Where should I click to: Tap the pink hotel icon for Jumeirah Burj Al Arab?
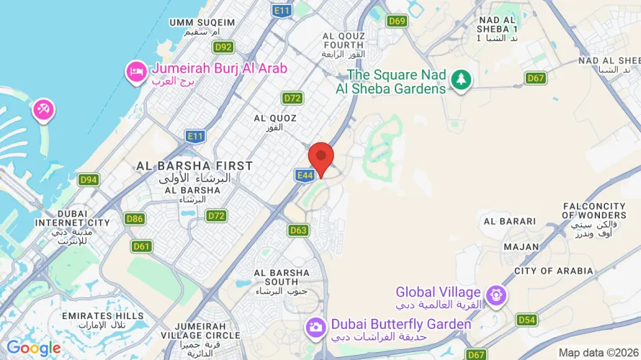(x=135, y=72)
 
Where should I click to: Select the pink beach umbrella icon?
(x=42, y=111)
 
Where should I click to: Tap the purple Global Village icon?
(x=496, y=294)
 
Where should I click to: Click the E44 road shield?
(x=303, y=175)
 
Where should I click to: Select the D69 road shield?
(x=397, y=21)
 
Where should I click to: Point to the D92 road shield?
(x=224, y=47)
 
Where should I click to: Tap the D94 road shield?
(x=89, y=179)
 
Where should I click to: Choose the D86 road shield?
(x=135, y=218)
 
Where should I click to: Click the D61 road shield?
(x=142, y=246)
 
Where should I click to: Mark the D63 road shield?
(x=299, y=230)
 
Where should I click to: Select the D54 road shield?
(x=526, y=319)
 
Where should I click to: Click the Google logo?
(x=33, y=349)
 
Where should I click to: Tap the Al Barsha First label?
(x=194, y=166)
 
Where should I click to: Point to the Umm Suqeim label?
(x=202, y=22)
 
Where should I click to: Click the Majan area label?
(x=521, y=247)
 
